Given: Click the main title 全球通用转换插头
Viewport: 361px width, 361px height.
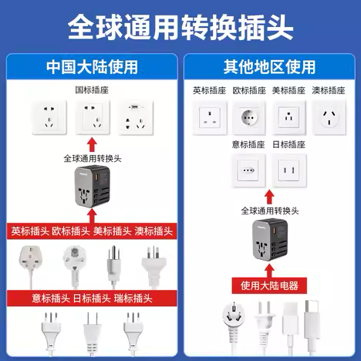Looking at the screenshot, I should click(180, 28).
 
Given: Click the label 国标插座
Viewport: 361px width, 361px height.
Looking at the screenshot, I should click(92, 89).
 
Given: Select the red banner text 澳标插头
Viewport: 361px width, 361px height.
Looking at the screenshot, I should click(154, 230).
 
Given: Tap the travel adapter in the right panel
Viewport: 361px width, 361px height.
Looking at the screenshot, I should click(268, 239).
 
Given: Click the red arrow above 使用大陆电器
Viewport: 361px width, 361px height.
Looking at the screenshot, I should click(268, 268).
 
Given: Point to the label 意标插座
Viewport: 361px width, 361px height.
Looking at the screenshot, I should click(247, 144).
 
